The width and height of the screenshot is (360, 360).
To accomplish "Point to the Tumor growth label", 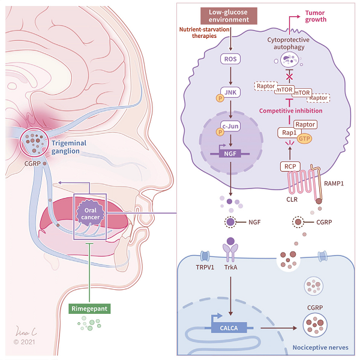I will click(316, 16).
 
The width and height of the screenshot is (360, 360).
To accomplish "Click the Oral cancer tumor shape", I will click(90, 211).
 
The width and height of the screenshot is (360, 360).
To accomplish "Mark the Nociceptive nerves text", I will click(314, 347).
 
